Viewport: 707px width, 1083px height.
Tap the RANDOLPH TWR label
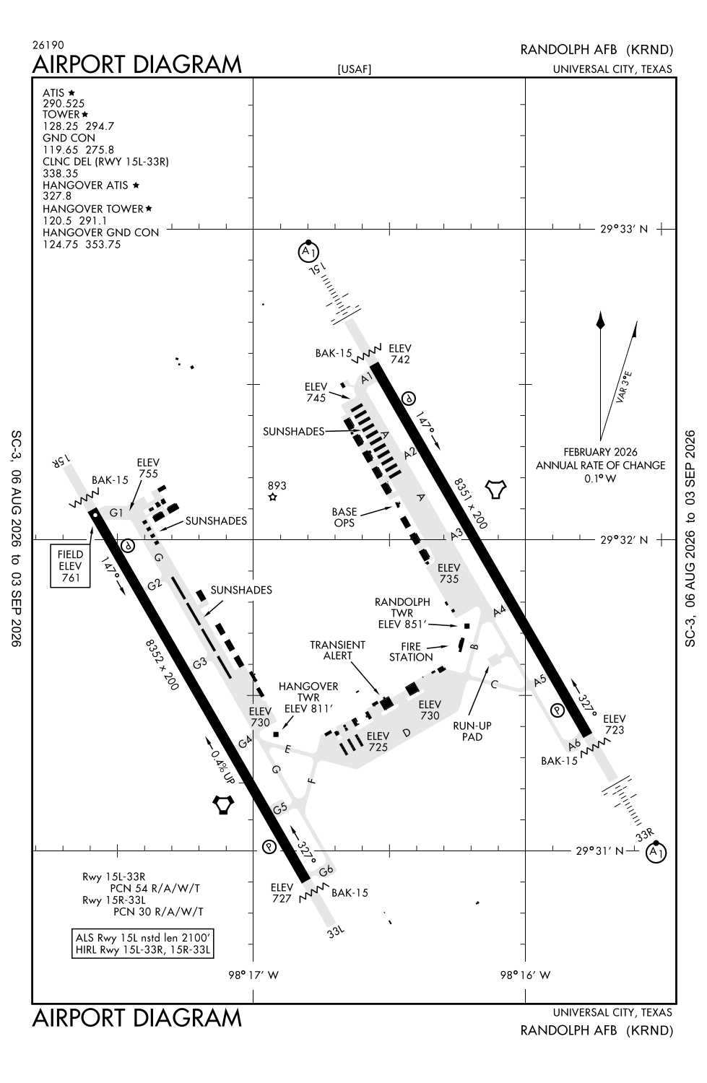coord(402,607)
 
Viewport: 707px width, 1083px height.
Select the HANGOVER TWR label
coord(308,692)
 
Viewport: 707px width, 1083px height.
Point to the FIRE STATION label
coord(411,652)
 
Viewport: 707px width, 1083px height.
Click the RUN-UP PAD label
coord(472,731)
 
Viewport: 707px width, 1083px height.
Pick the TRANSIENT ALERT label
coord(337,651)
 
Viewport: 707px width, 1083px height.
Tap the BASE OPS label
coord(344,517)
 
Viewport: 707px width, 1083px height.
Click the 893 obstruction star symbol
coord(273,497)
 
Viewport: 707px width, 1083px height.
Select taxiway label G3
coord(200,664)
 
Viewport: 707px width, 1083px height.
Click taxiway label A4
coord(500,611)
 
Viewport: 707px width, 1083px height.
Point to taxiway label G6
coord(326,870)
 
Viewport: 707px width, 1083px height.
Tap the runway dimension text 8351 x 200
coord(471,503)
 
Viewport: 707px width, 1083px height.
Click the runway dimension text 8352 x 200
coord(162,665)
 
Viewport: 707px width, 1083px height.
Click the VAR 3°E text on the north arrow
coord(624,388)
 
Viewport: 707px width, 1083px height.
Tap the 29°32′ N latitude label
coord(624,540)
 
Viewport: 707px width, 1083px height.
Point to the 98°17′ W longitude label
coord(253,975)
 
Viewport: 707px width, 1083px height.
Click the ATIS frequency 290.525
coord(64,103)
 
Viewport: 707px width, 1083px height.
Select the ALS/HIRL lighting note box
coord(143,943)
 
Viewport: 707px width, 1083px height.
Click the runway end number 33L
coord(336,931)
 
